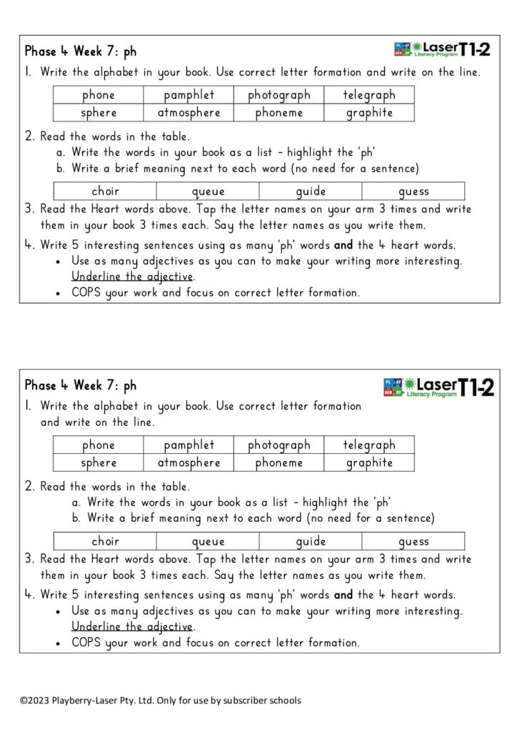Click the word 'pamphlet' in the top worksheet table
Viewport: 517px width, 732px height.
click(189, 95)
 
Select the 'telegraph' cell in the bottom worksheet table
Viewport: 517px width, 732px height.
click(369, 445)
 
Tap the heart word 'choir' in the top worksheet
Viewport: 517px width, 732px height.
click(105, 191)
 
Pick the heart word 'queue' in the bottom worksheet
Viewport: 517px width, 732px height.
click(208, 541)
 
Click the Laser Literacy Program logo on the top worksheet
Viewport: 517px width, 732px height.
click(442, 49)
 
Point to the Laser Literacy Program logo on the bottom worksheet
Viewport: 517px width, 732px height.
click(438, 387)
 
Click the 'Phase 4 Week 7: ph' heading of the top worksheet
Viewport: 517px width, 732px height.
click(81, 51)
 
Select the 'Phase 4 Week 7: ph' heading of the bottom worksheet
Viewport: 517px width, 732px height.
click(81, 385)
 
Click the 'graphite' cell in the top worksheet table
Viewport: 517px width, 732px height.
click(369, 113)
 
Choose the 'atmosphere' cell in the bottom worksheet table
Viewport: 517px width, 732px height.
click(189, 463)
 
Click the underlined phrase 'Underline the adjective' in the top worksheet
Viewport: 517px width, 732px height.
click(133, 277)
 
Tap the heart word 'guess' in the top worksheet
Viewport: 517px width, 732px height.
click(413, 191)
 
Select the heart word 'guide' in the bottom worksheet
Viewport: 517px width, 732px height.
click(311, 541)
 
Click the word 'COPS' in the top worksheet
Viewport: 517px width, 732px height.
click(86, 292)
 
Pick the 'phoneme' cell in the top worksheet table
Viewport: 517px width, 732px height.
click(279, 113)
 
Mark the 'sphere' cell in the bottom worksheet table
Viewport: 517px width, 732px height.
click(99, 463)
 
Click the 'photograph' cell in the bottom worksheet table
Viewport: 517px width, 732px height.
click(279, 445)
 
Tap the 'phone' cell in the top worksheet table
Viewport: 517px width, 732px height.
click(99, 95)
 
